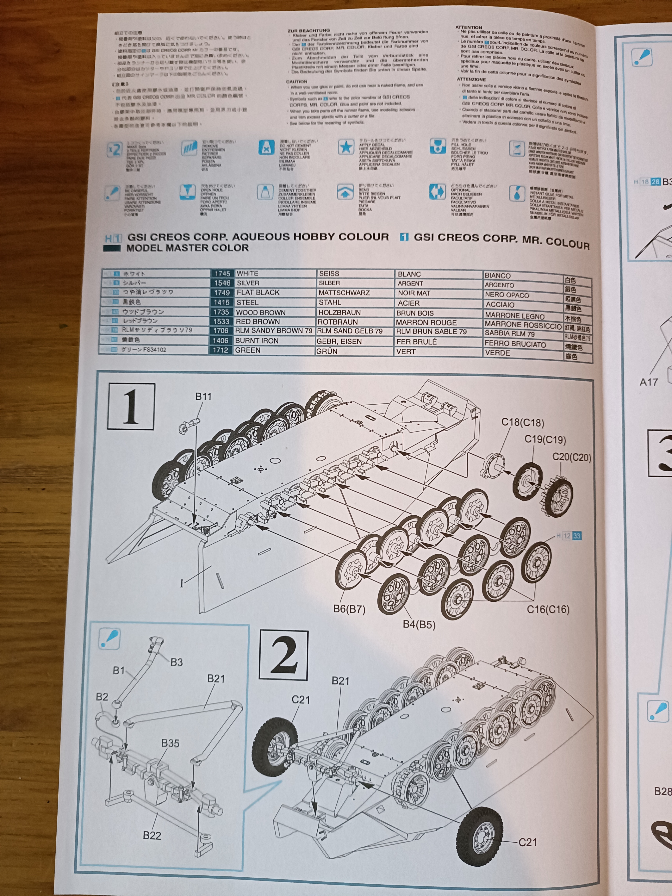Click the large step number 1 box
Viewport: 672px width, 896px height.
[131, 406]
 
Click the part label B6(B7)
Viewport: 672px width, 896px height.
[349, 609]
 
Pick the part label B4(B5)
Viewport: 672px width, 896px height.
[419, 624]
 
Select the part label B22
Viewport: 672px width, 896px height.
[152, 835]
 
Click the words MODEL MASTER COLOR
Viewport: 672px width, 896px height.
[188, 248]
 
